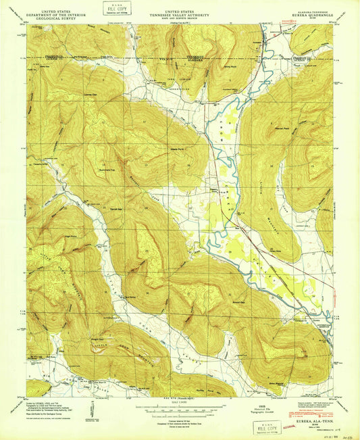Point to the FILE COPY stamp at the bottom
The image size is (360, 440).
tap(265, 429)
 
